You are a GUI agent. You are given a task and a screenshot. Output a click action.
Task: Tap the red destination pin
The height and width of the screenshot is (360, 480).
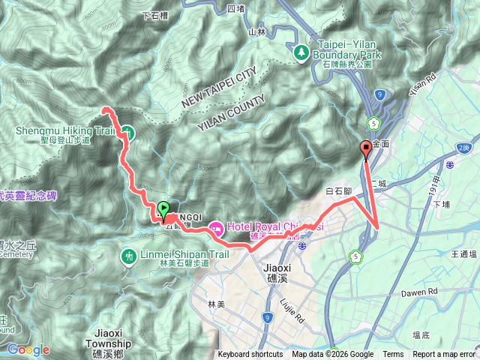(365, 148)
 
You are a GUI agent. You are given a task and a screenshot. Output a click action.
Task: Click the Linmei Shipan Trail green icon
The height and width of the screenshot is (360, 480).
(128, 256)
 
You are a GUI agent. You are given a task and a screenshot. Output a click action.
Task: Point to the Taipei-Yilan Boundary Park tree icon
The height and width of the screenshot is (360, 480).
(300, 52)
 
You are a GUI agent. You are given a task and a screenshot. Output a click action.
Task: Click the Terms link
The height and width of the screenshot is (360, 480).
(393, 355)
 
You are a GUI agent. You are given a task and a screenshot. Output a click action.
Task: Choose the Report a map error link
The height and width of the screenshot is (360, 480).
(445, 355)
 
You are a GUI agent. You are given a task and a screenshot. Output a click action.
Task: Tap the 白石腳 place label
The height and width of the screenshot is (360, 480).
(340, 191)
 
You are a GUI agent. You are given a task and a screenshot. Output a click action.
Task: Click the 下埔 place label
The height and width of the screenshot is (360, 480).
(440, 202)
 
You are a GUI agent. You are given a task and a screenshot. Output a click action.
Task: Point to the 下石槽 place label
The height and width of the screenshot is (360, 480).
(154, 14)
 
